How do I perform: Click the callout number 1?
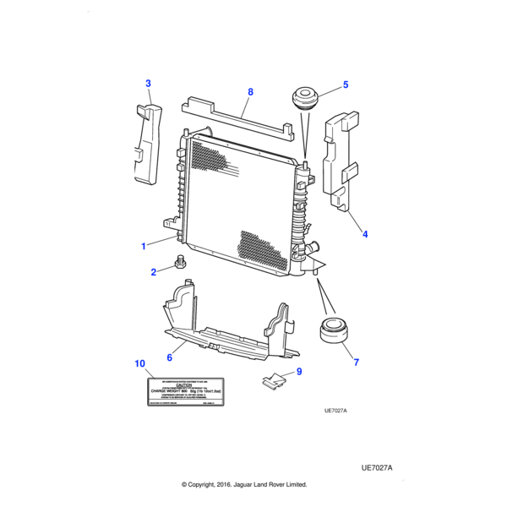(144, 246)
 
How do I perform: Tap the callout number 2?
(154, 272)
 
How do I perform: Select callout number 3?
(148, 83)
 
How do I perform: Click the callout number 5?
(345, 84)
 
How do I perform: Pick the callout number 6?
(169, 358)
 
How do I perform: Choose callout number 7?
(356, 363)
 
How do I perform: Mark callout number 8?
(250, 90)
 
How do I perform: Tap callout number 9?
(298, 372)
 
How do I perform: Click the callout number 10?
(139, 363)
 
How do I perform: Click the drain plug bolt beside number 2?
(179, 263)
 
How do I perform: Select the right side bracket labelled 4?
(342, 161)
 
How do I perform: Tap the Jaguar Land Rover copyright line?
(244, 485)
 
